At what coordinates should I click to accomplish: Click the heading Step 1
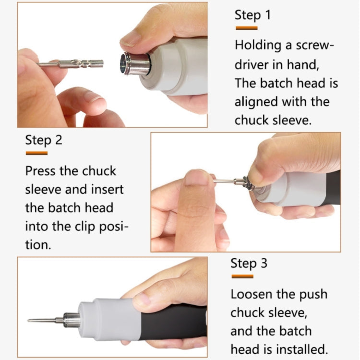tap(252, 15)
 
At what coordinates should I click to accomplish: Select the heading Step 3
tap(249, 264)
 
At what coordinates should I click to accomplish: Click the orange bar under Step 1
tap(246, 28)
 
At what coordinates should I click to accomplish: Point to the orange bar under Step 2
tap(36, 153)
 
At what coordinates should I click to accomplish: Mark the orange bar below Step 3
tap(242, 276)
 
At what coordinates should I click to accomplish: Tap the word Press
tap(41, 171)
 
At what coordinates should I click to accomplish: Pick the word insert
tap(106, 190)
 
